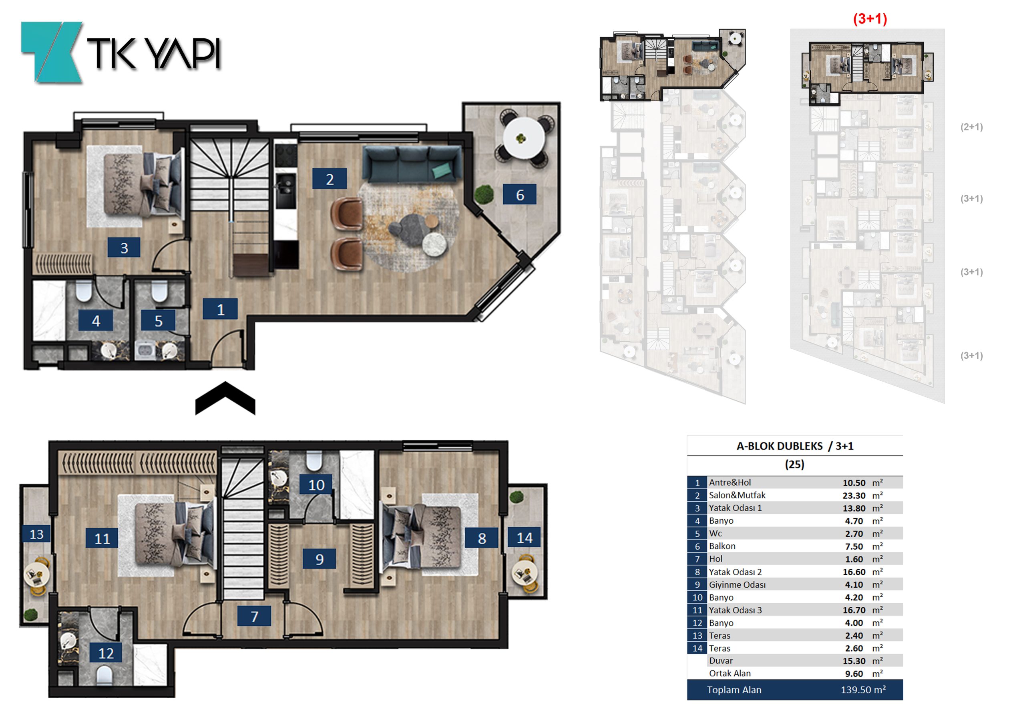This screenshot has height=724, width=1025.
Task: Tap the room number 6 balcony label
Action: pyautogui.click(x=520, y=194)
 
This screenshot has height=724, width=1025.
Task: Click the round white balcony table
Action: pyautogui.click(x=524, y=138)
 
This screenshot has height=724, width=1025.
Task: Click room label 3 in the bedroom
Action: pyautogui.click(x=124, y=248)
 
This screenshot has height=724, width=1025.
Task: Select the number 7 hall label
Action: pyautogui.click(x=254, y=616)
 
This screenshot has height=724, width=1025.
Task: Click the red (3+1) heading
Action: pyautogui.click(x=870, y=19)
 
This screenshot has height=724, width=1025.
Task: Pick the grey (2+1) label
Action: pyautogui.click(x=971, y=127)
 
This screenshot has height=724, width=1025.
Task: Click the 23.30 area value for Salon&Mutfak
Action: pyautogui.click(x=854, y=496)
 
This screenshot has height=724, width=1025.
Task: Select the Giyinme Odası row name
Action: pyautogui.click(x=737, y=585)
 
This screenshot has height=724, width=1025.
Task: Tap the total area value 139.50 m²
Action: pyautogui.click(x=863, y=690)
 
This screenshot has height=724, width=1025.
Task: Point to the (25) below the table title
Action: pyautogui.click(x=795, y=464)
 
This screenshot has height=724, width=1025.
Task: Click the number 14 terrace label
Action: pyautogui.click(x=524, y=537)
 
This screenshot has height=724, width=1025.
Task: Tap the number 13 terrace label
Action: pyautogui.click(x=36, y=534)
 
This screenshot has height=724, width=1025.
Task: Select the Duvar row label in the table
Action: pyautogui.click(x=721, y=661)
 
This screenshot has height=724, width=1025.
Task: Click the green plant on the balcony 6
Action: pyautogui.click(x=484, y=194)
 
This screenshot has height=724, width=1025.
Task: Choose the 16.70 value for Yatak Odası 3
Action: pyautogui.click(x=854, y=610)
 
